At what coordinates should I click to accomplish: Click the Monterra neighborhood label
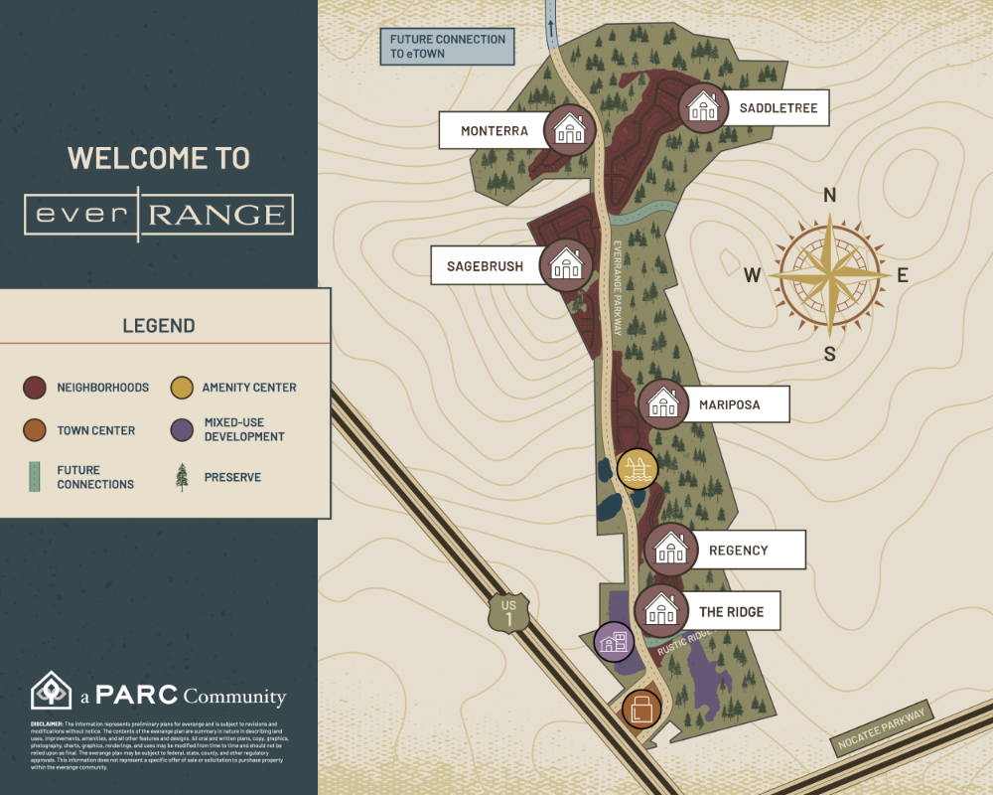pyautogui.click(x=494, y=130)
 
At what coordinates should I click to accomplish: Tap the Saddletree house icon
pyautogui.click(x=704, y=106)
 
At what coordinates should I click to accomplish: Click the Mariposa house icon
pyautogui.click(x=662, y=403)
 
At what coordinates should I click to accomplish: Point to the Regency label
pyautogui.click(x=738, y=550)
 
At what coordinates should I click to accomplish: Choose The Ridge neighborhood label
pyautogui.click(x=731, y=611)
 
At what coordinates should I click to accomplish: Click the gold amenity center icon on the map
pyautogui.click(x=638, y=469)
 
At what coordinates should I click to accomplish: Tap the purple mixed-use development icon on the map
pyautogui.click(x=614, y=641)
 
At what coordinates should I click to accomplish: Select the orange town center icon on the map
pyautogui.click(x=641, y=710)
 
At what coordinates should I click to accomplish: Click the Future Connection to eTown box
pyautogui.click(x=447, y=47)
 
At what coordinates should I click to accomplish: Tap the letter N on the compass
pyautogui.click(x=830, y=196)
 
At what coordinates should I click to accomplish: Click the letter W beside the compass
pyautogui.click(x=752, y=275)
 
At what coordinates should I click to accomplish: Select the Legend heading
pyautogui.click(x=159, y=326)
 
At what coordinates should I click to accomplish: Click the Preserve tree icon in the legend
pyautogui.click(x=181, y=477)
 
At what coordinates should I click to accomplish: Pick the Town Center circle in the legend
pyautogui.click(x=35, y=430)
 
